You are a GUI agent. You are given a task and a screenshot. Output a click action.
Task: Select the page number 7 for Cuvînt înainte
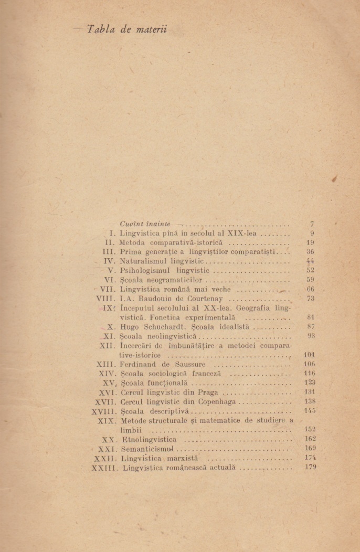click(312, 224)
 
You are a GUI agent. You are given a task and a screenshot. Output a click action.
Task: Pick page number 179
click(310, 467)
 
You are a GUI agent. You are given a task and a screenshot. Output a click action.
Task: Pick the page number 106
click(310, 364)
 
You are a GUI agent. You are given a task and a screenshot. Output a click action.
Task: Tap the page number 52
click(310, 270)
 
